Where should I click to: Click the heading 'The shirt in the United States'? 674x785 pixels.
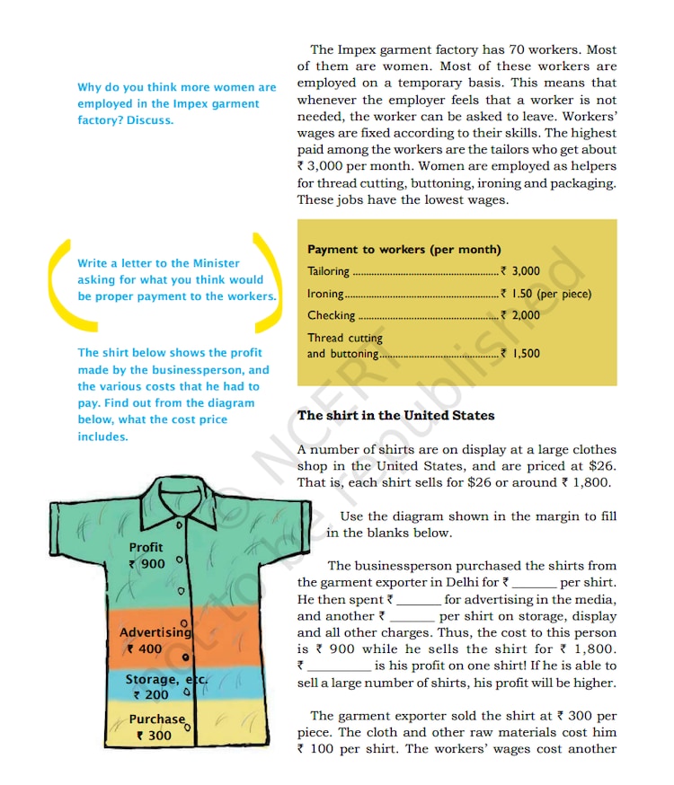395,415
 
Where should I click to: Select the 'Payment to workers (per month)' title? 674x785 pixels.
404,250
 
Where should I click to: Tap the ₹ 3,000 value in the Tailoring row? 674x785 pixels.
520,270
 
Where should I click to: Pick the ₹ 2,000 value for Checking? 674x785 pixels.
520,315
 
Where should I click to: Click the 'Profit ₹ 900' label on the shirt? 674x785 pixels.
146,556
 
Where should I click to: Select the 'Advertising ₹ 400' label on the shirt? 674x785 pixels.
150,640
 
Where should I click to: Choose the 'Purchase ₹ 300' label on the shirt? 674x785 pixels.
155,728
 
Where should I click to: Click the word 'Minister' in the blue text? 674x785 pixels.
216,263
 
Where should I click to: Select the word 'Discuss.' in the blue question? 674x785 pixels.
150,120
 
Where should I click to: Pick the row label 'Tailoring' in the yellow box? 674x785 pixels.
329,270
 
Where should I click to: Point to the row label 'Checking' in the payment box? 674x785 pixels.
331,315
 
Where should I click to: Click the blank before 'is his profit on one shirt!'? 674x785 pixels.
339,666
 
